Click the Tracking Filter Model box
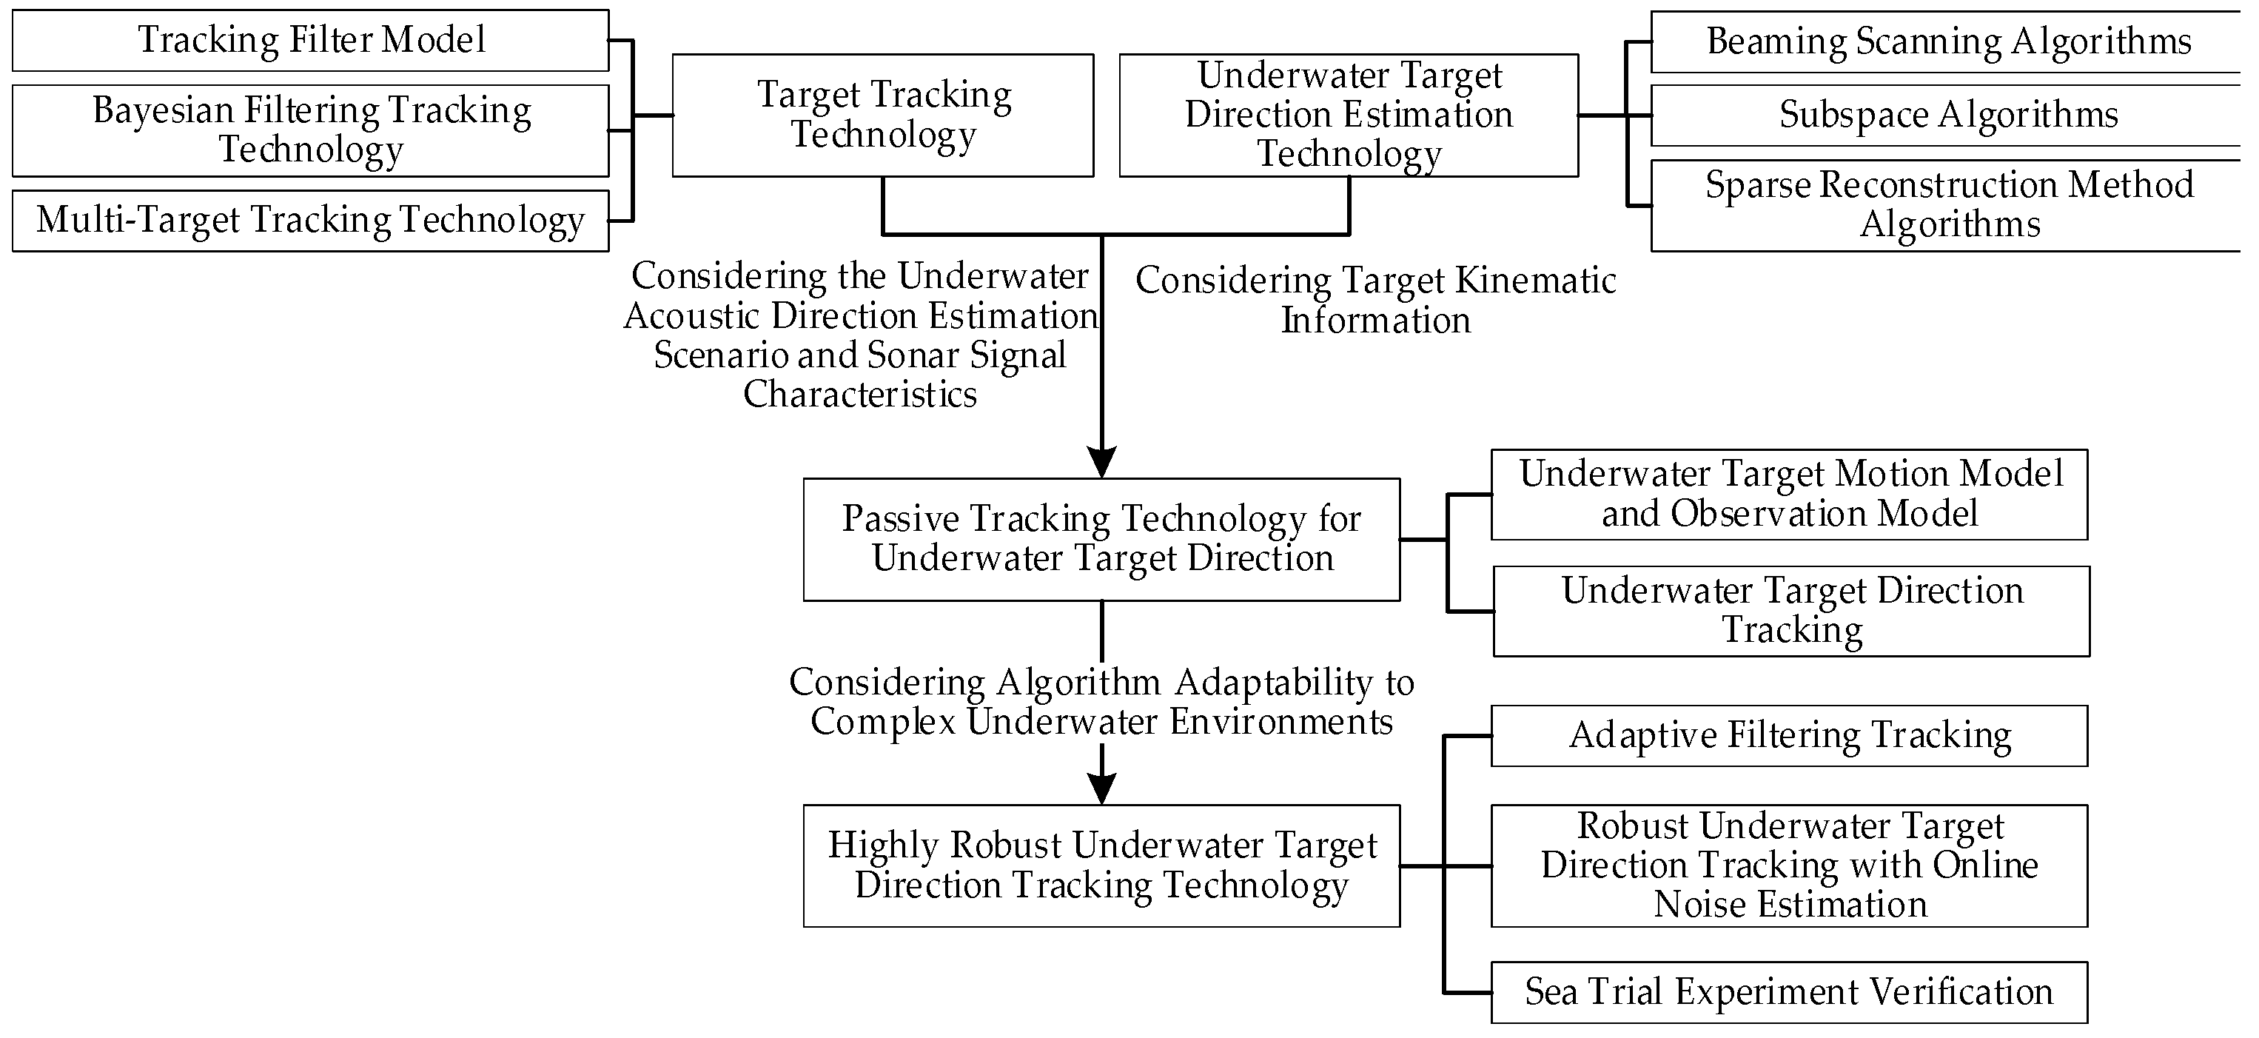pos(310,41)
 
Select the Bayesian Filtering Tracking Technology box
pos(310,130)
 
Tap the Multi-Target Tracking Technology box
pos(310,220)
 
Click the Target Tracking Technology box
pos(882,115)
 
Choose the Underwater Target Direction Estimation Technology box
pos(1348,115)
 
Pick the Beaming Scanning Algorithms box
pos(1947,41)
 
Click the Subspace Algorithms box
pos(1947,115)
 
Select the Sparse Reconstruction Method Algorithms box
pos(1947,204)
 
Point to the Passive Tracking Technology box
pos(1101,539)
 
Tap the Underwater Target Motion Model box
pos(1789,494)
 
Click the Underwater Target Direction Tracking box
pos(1790,611)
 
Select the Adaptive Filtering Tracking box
pos(1789,735)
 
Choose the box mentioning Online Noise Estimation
pos(1789,865)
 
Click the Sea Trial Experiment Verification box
pos(1789,991)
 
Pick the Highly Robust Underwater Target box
pos(1101,865)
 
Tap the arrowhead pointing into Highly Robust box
pos(1101,788)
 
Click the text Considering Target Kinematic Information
pos(1375,300)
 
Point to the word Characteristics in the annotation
pos(859,394)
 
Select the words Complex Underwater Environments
pos(1101,722)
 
